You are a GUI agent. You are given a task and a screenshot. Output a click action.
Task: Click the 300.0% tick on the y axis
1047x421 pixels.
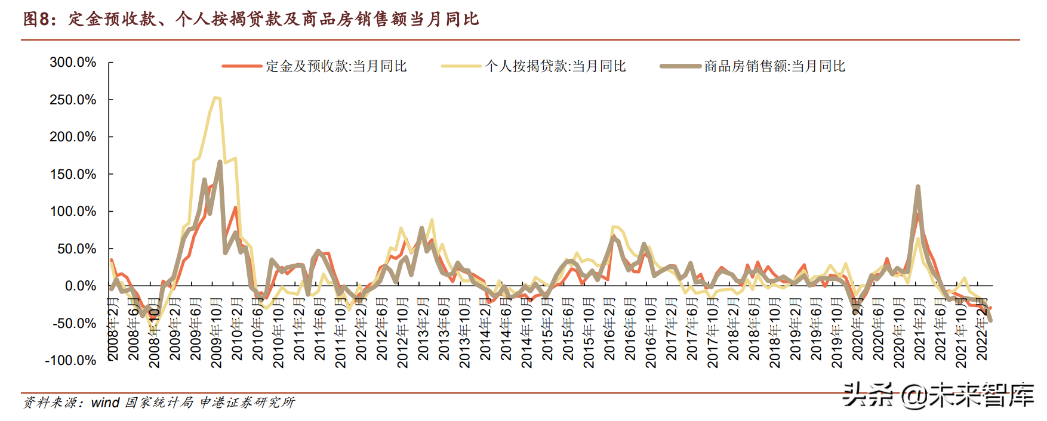[x=73, y=62]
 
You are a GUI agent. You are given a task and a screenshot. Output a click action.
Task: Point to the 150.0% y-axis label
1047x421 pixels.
[x=73, y=174]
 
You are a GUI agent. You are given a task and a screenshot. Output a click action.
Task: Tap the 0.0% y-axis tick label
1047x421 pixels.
[x=80, y=286]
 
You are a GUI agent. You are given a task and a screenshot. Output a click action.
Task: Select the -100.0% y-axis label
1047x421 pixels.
[x=70, y=361]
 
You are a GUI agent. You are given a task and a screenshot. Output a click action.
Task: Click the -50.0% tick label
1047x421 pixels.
[x=74, y=323]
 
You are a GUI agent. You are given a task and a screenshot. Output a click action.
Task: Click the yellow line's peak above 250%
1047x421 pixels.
[x=215, y=98]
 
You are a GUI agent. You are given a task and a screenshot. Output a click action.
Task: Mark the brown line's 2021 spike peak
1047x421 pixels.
[x=917, y=187]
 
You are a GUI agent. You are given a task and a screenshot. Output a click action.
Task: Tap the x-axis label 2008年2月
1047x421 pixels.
[x=113, y=330]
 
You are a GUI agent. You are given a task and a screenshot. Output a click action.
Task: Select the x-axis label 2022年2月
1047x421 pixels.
[x=982, y=330]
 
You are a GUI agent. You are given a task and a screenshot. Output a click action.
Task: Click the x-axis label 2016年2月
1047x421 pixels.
[x=609, y=330]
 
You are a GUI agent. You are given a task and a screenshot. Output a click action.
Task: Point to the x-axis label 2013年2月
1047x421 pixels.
[x=423, y=330]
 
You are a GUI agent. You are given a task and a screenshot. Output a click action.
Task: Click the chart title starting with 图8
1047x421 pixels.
[x=251, y=19]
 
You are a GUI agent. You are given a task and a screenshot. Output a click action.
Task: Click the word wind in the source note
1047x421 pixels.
[x=105, y=403]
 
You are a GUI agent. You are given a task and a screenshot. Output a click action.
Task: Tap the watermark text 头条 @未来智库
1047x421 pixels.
[x=937, y=395]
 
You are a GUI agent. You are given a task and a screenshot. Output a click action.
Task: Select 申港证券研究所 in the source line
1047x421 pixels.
[x=247, y=403]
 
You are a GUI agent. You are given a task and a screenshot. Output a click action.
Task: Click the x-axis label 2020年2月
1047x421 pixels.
[x=858, y=330]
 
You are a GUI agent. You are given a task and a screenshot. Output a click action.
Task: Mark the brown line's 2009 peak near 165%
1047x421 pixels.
[x=220, y=162]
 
